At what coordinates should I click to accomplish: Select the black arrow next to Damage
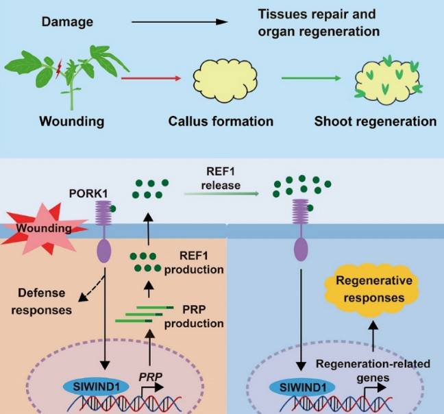[x=178, y=22]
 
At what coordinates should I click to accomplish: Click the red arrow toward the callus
[x=151, y=79]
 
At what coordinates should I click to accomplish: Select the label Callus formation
[x=221, y=121]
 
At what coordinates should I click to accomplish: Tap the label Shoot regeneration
[x=375, y=121]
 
